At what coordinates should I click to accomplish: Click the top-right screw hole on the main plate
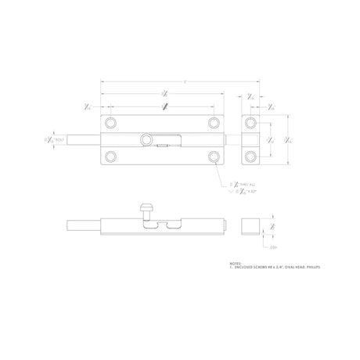coord(214,124)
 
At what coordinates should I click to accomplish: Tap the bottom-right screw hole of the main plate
coord(214,157)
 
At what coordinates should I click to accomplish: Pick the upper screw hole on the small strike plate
coord(250,124)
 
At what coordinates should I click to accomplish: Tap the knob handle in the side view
coord(144,210)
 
